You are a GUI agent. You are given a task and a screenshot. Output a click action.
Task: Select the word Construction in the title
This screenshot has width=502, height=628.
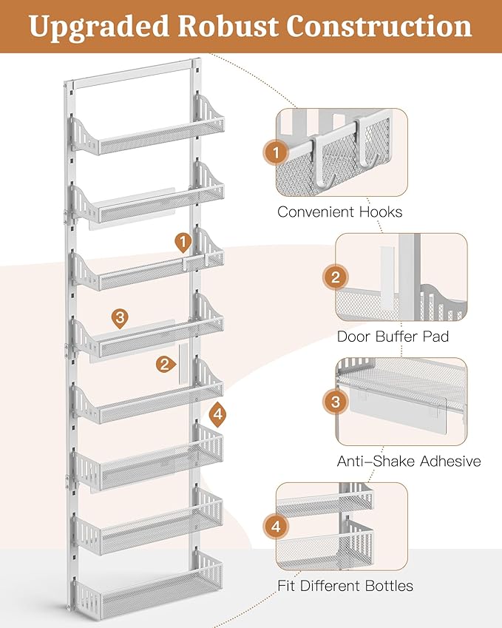380,26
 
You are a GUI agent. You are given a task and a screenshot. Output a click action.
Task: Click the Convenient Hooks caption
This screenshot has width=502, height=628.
340,212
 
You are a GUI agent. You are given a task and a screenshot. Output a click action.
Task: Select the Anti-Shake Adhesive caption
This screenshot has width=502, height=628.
409,461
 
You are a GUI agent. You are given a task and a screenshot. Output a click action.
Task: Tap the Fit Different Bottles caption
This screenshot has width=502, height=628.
345,586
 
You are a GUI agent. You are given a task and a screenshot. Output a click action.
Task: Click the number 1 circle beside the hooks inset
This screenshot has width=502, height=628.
276,153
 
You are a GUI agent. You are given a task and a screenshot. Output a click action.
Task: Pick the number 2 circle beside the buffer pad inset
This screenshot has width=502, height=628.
336,277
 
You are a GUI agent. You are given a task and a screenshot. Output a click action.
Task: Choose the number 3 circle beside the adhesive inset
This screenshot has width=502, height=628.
336,402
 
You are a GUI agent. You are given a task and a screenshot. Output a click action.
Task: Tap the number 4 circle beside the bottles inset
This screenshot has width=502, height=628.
276,527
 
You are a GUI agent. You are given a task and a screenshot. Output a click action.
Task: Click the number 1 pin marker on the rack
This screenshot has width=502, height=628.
183,241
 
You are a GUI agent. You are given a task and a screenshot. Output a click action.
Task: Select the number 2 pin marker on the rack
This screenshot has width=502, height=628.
164,363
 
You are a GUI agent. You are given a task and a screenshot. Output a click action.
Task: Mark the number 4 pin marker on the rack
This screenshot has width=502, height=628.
217,413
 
